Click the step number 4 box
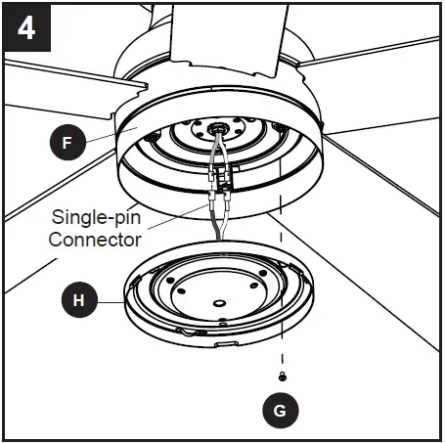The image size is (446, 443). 26,26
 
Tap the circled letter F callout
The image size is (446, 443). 66,143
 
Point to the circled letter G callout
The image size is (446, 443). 281,410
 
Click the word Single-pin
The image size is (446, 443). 94,218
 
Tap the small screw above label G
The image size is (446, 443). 282,377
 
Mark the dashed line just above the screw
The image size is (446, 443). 282,342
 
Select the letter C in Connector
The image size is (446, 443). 57,239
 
